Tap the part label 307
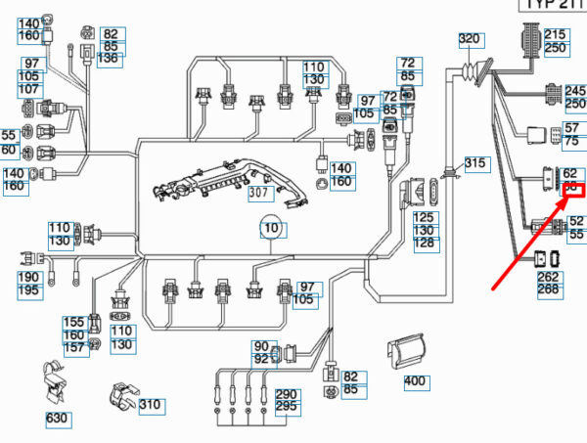point(258,193)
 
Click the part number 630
point(58,420)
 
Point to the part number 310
point(150,405)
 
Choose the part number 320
point(471,39)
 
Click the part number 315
point(475,162)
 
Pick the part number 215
point(556,34)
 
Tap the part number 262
point(548,277)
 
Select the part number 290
point(286,394)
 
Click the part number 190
point(29,279)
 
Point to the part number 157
point(74,348)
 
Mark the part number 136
point(110,59)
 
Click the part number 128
point(425,243)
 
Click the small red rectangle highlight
point(571,190)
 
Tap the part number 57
point(571,127)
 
